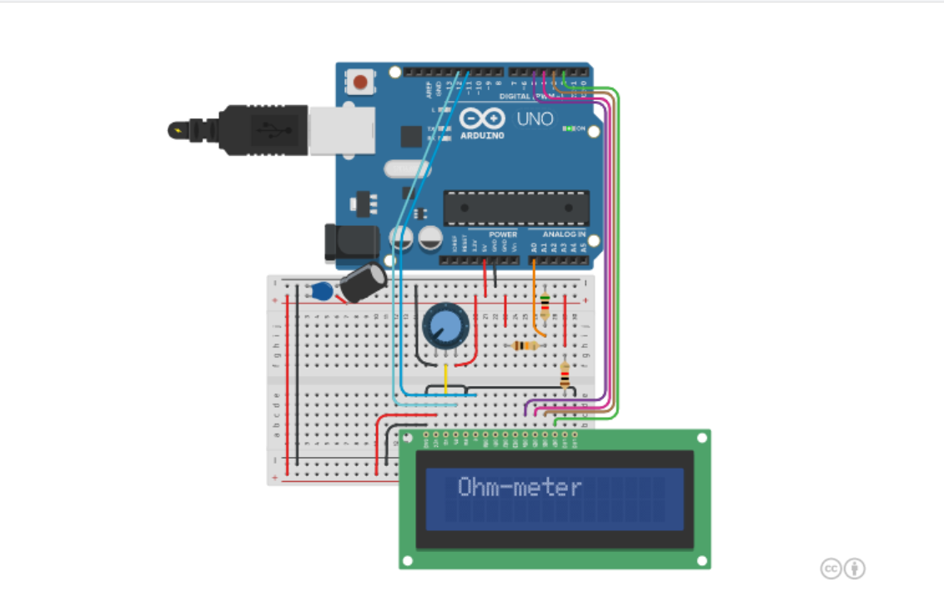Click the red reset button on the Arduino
pyautogui.click(x=360, y=82)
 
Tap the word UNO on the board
pyautogui.click(x=535, y=119)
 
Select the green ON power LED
pyautogui.click(x=570, y=128)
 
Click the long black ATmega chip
pyautogui.click(x=515, y=208)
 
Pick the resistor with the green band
pyautogui.click(x=545, y=304)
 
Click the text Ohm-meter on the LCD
pyautogui.click(x=519, y=488)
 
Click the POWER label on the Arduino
pyautogui.click(x=504, y=235)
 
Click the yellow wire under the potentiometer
pyautogui.click(x=446, y=379)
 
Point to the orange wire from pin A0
pyautogui.click(x=535, y=292)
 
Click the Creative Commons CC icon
pyautogui.click(x=831, y=569)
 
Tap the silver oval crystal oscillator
pyautogui.click(x=406, y=169)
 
